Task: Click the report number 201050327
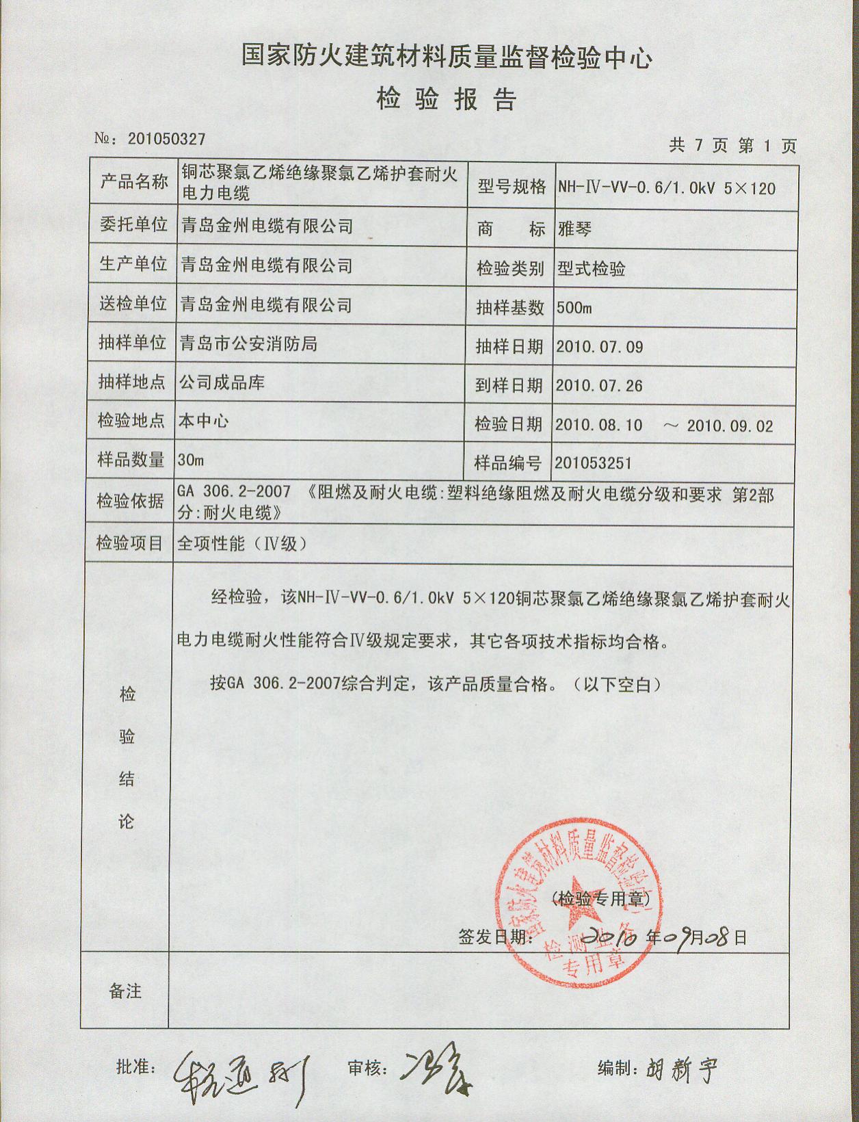tap(166, 139)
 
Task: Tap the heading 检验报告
tap(446, 101)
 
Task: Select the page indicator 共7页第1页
tap(732, 145)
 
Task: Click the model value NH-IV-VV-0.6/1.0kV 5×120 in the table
tap(666, 187)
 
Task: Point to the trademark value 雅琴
tap(574, 229)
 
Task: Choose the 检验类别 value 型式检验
tap(591, 268)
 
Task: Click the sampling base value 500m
tap(574, 307)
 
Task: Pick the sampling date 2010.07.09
tap(599, 347)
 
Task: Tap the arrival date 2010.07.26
tap(599, 386)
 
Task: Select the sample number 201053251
tap(593, 463)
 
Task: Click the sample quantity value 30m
tap(191, 460)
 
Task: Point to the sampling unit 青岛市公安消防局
tap(248, 343)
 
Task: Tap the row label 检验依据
tap(130, 501)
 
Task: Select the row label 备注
tap(125, 991)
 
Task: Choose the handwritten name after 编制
tap(681, 1067)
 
